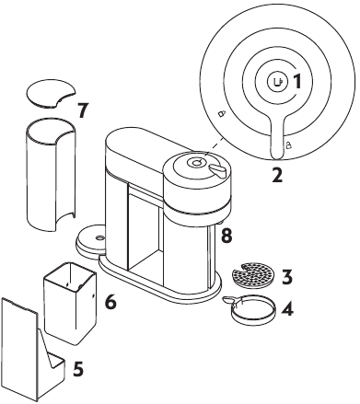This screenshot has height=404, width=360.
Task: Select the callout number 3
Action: (x=288, y=276)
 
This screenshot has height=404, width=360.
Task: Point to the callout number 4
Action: (x=288, y=309)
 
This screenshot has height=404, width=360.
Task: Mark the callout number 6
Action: (x=110, y=300)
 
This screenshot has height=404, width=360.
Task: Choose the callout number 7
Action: (x=83, y=110)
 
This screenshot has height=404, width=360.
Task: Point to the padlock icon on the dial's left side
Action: (x=219, y=114)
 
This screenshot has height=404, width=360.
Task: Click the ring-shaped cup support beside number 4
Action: (x=248, y=313)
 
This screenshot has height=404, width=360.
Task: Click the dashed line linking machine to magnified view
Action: (x=214, y=144)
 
